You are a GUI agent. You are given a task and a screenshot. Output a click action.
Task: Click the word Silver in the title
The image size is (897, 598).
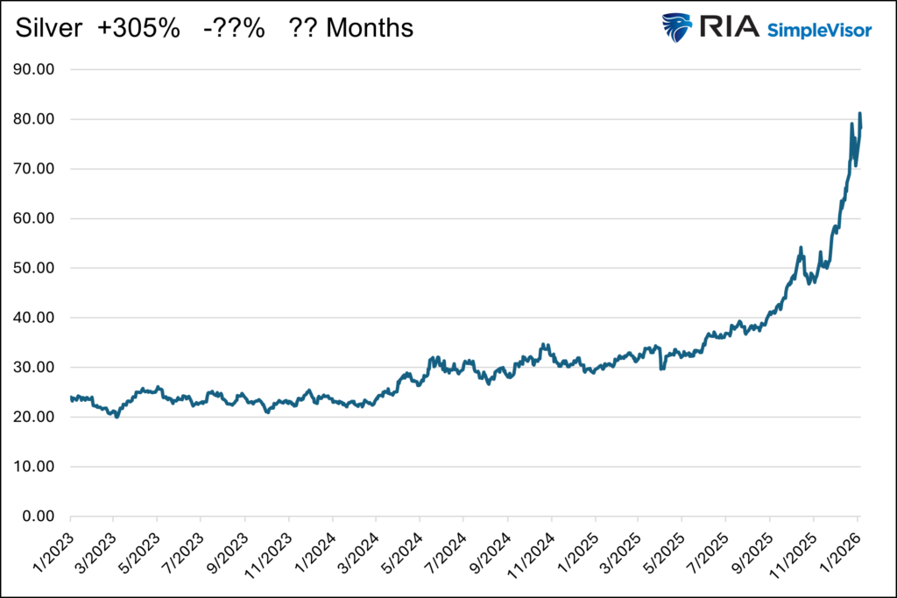[x=49, y=27]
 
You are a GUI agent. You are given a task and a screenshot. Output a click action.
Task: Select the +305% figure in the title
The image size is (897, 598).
[x=139, y=27]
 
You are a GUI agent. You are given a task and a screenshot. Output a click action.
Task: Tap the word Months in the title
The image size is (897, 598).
[x=370, y=27]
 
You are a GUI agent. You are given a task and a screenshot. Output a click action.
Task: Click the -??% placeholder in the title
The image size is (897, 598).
[x=234, y=27]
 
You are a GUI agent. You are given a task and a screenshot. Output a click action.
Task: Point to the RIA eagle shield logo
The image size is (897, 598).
[x=677, y=27]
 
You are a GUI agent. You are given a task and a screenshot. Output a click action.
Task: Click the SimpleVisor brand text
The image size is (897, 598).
[x=819, y=30]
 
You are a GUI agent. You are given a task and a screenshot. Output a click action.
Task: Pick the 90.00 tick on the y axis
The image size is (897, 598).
[x=34, y=69]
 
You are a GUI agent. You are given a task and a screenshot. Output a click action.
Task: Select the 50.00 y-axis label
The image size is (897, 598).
[x=34, y=268]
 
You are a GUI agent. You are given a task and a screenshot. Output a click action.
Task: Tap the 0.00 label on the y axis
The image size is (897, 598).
[x=39, y=516]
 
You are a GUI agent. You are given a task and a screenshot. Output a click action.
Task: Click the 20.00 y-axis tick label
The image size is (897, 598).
[x=34, y=417]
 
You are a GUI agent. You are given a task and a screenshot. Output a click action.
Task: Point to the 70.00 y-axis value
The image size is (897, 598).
[x=34, y=169]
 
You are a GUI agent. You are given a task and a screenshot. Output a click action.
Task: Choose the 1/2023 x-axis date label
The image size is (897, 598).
[x=53, y=552]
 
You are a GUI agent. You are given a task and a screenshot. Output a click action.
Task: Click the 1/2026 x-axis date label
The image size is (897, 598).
[x=841, y=552]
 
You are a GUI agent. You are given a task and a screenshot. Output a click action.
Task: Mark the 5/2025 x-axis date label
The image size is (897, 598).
[x=665, y=552]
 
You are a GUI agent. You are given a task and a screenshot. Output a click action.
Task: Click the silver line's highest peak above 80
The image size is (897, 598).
[x=860, y=114]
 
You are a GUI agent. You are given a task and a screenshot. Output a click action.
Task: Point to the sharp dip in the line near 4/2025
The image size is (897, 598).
[x=661, y=369]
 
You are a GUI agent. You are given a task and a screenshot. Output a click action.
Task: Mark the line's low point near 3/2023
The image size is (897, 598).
[x=117, y=417]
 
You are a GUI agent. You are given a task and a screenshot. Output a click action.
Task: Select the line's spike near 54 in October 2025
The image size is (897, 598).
[x=801, y=248]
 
